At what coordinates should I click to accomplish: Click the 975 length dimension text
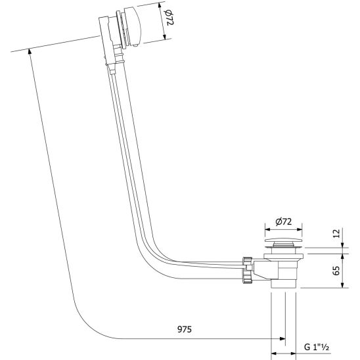[x=185, y=330]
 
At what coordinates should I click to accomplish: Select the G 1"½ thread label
[x=317, y=347]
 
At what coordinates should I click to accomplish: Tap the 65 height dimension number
[x=336, y=271]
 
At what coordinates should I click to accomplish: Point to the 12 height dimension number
[x=336, y=234]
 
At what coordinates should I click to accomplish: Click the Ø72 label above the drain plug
[x=284, y=221]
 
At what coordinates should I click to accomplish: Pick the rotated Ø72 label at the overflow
[x=170, y=18]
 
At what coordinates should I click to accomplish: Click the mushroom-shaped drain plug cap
[x=283, y=241]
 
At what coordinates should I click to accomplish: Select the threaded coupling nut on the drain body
[x=248, y=270]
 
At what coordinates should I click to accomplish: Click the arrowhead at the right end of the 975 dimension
[x=282, y=338]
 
